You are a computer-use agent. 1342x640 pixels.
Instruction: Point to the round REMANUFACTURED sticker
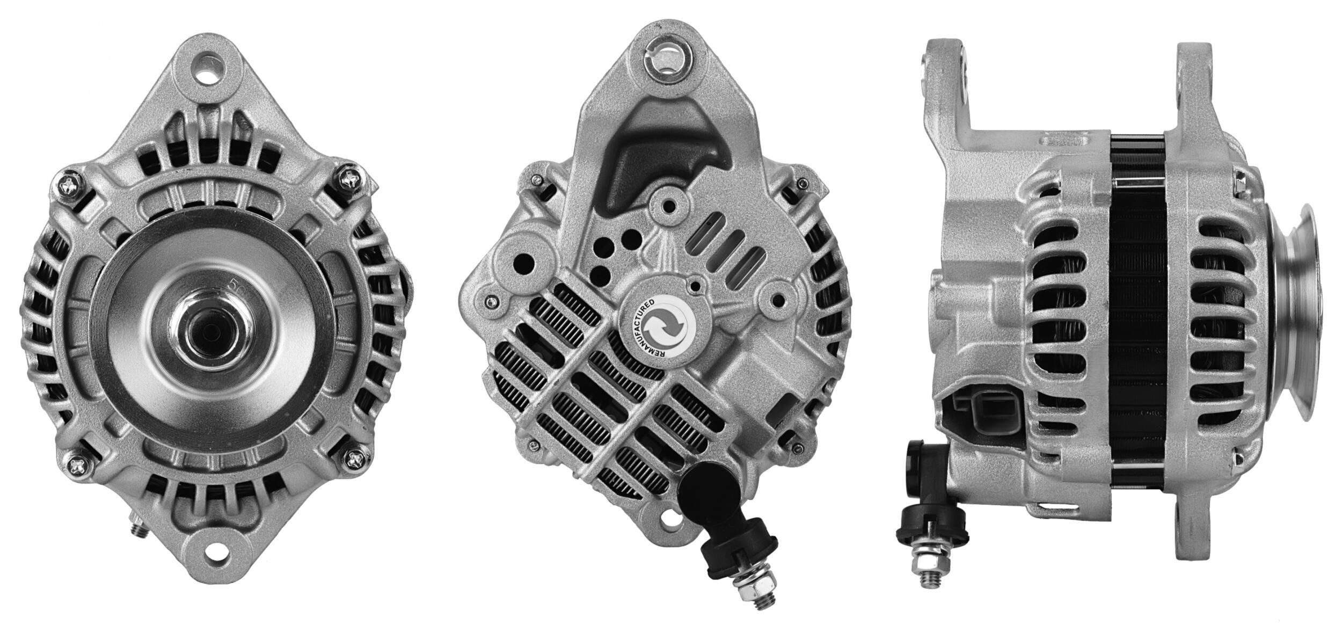coord(661,325)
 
